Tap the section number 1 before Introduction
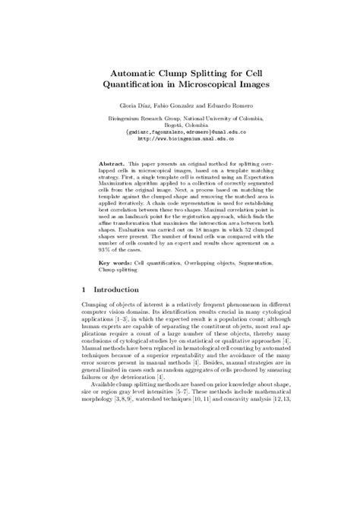[83, 289]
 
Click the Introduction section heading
[115, 289]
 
